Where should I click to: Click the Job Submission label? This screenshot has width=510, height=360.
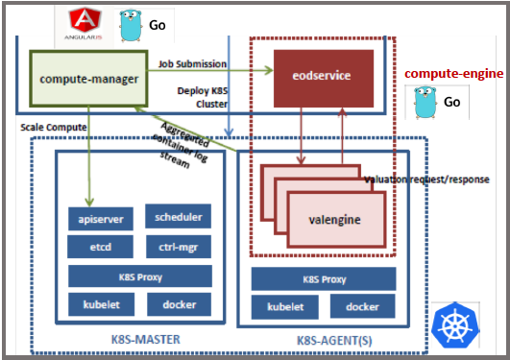192,64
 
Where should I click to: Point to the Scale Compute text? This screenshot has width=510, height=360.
54,127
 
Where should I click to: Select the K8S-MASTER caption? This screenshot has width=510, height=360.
140,338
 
